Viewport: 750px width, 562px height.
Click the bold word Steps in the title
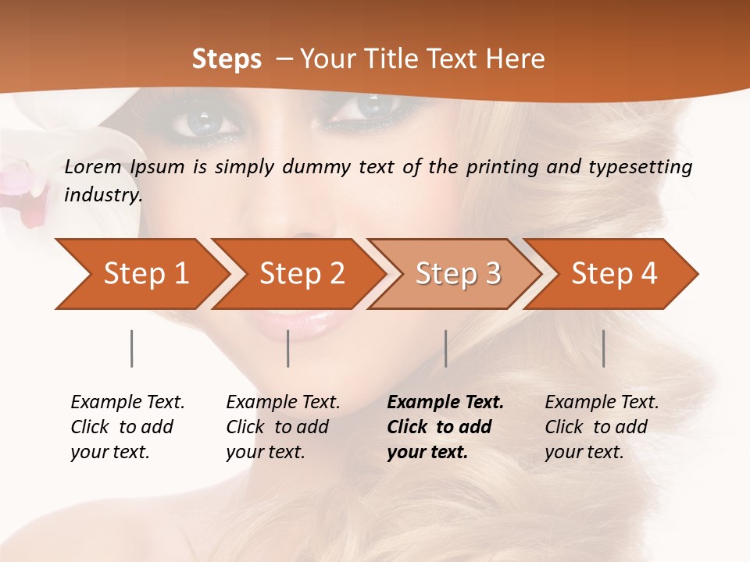pos(227,59)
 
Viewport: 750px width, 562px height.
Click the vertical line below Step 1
pos(131,348)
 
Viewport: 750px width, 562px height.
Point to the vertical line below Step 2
pos(288,348)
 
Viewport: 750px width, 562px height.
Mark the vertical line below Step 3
pos(445,348)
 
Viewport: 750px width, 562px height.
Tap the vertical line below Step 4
pos(603,348)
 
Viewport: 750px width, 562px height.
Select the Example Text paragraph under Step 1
pos(127,427)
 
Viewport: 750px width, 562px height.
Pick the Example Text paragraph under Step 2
pos(283,427)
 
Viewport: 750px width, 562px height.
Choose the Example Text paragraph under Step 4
pos(602,427)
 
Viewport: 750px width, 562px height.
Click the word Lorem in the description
pos(93,167)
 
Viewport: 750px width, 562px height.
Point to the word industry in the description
pos(102,195)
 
